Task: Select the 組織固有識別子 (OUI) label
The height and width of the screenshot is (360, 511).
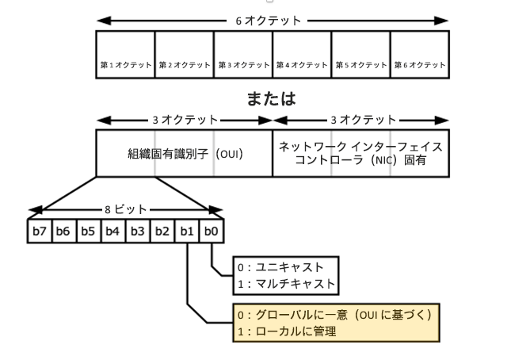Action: point(185,154)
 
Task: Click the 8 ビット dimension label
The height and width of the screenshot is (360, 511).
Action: point(124,209)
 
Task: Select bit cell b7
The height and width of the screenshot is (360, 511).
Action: point(40,231)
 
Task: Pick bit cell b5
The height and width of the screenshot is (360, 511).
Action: point(89,231)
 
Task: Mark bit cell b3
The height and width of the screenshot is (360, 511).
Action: point(138,231)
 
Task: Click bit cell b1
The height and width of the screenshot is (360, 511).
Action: point(187,231)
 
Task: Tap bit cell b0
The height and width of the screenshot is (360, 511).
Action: point(212,231)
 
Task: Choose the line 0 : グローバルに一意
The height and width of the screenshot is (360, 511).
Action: point(333,315)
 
